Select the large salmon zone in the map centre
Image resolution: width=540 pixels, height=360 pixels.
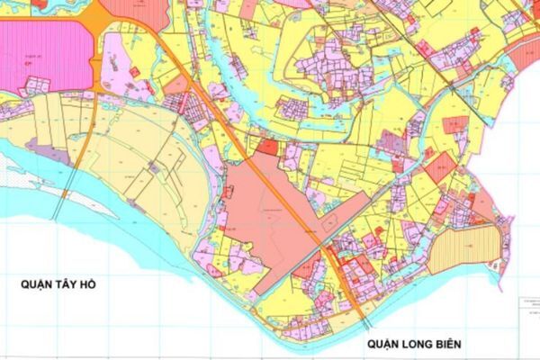point(261,216)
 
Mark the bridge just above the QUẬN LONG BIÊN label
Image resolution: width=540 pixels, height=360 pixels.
point(365,319)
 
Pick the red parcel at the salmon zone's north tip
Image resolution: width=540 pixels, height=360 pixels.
point(268,145)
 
